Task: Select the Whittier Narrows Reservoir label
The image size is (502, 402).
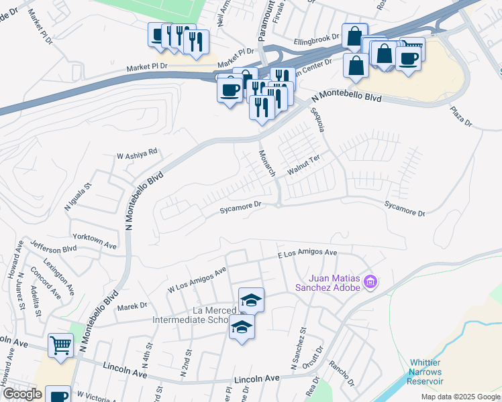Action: (425, 372)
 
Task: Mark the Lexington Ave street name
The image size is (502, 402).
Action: (59, 274)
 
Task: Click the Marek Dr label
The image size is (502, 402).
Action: (132, 306)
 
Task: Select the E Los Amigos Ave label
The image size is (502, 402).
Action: (307, 253)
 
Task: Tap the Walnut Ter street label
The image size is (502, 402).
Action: (305, 165)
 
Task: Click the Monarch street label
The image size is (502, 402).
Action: (267, 163)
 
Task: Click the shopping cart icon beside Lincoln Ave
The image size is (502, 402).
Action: (60, 346)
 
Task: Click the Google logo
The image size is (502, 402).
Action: (22, 394)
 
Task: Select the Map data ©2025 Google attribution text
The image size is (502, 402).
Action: (460, 397)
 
